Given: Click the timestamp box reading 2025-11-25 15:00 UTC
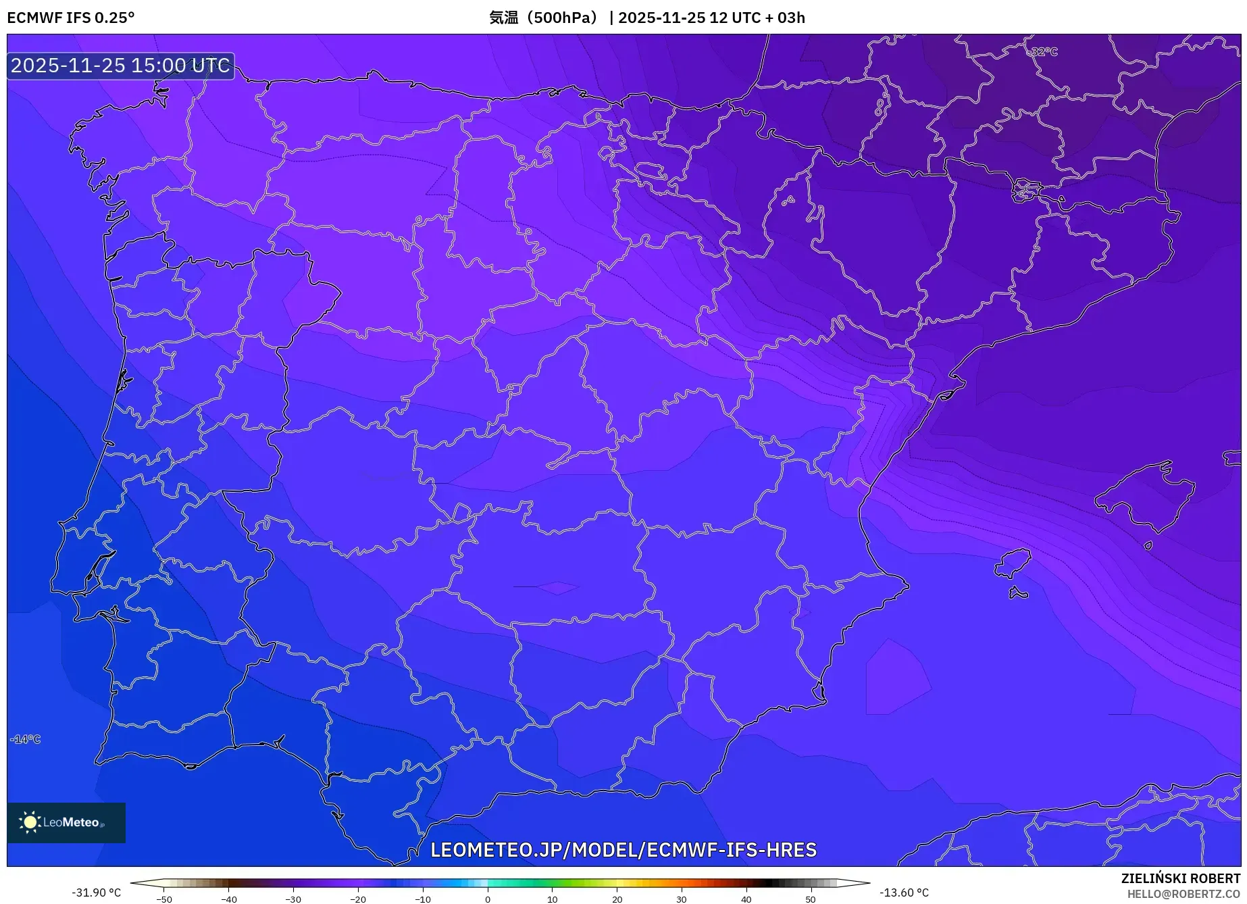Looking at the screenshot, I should coord(121,66).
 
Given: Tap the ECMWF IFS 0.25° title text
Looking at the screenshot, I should coord(71,18).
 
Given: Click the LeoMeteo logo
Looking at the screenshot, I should coord(66,822).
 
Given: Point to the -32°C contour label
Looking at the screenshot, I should coord(1043,52).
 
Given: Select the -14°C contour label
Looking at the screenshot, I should coord(26,739).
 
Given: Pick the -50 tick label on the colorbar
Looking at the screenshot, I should coord(164,899).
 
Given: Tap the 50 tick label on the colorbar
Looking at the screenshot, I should coord(811,899).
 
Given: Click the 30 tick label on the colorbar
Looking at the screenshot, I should coord(681,899).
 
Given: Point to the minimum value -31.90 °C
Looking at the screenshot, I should coord(96,893).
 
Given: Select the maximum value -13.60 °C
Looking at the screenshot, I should coord(904,893).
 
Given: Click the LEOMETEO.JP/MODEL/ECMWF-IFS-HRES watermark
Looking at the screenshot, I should coord(623,850).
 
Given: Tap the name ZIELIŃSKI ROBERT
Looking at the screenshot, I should coord(1181,878).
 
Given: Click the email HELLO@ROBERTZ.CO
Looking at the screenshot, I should coord(1184,894).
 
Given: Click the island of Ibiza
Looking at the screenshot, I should coord(1013,563).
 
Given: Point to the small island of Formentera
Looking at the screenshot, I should coord(1018,594).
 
